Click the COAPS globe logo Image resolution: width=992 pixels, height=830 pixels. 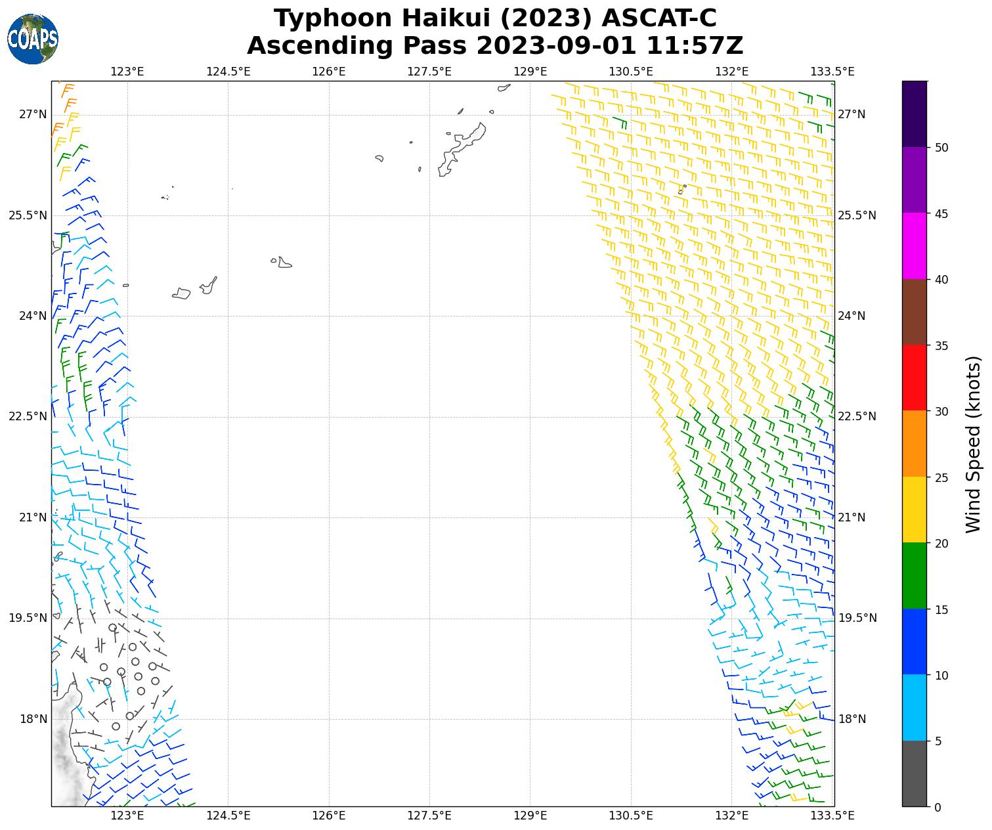pyautogui.click(x=33, y=39)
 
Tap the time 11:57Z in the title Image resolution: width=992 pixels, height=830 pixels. pyautogui.click(x=695, y=46)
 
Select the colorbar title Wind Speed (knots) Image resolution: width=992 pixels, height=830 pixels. pyautogui.click(x=974, y=445)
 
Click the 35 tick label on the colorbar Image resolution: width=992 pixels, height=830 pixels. pyautogui.click(x=941, y=345)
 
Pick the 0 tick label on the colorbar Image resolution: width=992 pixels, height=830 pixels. pyautogui.click(x=938, y=807)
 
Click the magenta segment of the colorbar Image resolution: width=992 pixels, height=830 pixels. pyautogui.click(x=915, y=246)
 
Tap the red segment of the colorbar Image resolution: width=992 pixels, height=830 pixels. pyautogui.click(x=915, y=378)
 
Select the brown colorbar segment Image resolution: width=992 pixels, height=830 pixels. pyautogui.click(x=915, y=313)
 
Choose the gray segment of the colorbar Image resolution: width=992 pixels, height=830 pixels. pyautogui.click(x=915, y=774)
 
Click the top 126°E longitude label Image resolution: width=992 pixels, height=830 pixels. pyautogui.click(x=329, y=72)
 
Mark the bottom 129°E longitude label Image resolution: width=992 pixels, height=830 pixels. pyautogui.click(x=530, y=816)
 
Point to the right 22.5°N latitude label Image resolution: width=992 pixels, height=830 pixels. pyautogui.click(x=857, y=416)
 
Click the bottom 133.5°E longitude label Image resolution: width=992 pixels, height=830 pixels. pyautogui.click(x=832, y=816)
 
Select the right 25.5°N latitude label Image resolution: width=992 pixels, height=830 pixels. pyautogui.click(x=857, y=215)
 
